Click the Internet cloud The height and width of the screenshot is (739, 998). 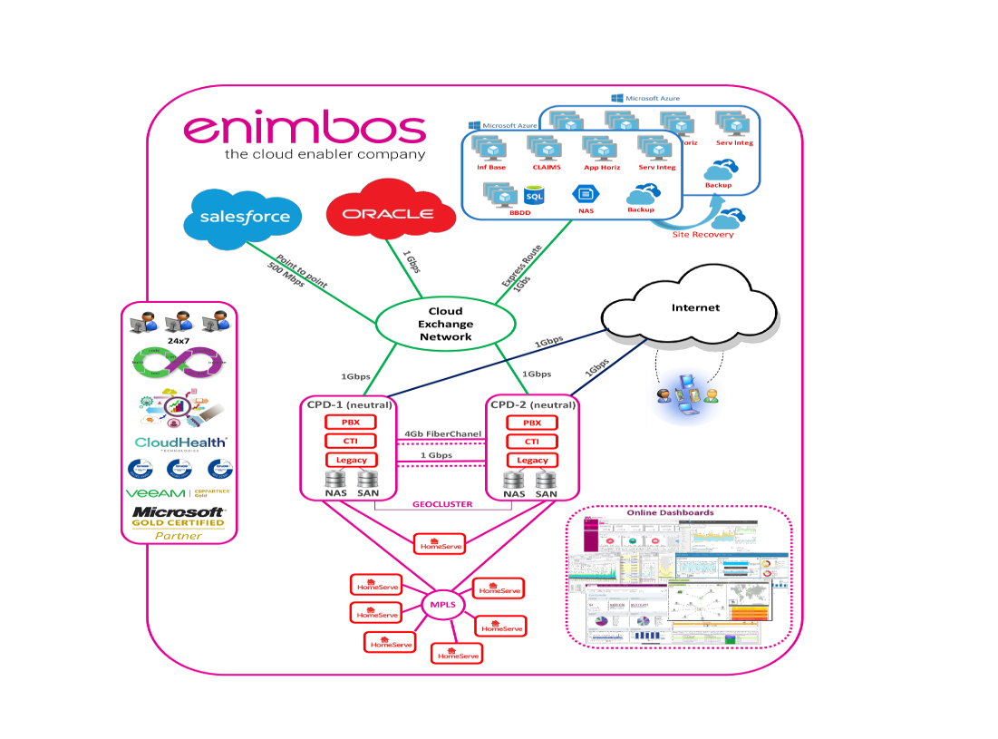click(695, 308)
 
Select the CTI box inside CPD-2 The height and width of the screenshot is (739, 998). click(532, 442)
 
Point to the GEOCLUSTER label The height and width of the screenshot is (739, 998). click(442, 504)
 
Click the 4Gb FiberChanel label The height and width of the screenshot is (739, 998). click(442, 434)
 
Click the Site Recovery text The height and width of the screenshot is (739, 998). click(702, 235)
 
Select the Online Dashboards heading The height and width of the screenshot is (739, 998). click(670, 513)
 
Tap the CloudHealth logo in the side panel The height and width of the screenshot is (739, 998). click(179, 442)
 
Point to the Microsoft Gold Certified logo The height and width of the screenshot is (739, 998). click(179, 517)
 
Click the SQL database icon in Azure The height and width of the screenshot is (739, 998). click(534, 195)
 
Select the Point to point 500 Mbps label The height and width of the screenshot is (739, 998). click(288, 272)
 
